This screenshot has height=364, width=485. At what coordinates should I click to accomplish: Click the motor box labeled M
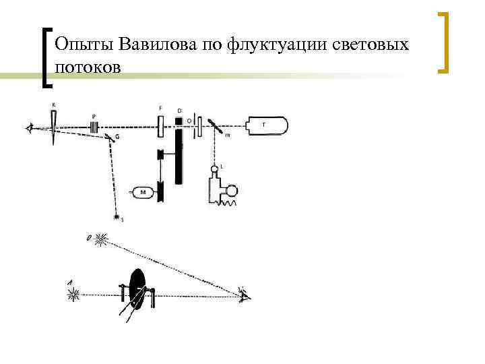coord(143,193)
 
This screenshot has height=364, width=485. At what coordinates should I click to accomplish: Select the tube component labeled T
coord(265,125)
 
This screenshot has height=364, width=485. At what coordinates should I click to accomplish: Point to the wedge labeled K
coord(53,125)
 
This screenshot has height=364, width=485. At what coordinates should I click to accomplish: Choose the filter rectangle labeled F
coord(161,125)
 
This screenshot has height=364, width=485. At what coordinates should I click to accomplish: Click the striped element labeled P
coord(95,125)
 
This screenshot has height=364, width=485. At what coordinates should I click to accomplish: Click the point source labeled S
coord(117,218)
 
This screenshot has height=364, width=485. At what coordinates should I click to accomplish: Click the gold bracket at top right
coord(444,42)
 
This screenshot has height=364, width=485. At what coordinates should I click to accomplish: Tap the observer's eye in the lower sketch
coord(244,294)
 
